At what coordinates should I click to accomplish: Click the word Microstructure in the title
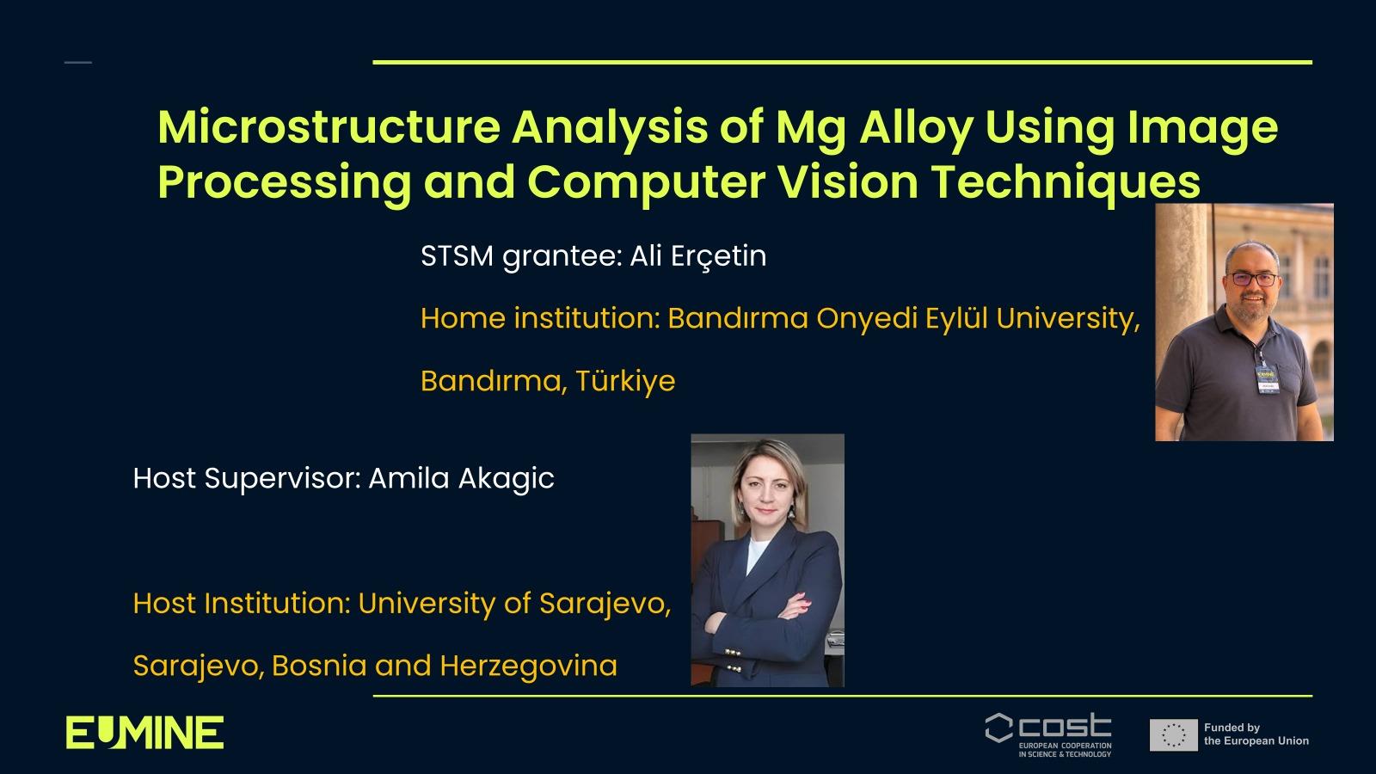coord(329,126)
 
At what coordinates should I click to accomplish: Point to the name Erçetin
coord(718,256)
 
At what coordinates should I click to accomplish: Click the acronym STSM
coord(457,256)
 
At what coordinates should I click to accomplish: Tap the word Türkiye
coord(625,381)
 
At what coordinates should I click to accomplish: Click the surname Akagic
coord(507,478)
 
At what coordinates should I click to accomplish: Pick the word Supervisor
coord(283,478)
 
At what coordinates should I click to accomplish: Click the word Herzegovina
coord(528,666)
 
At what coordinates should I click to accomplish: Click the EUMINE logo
coord(145,732)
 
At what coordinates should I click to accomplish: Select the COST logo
coord(1048,734)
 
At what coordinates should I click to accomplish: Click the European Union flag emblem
coord(1174,734)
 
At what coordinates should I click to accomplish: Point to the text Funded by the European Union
coord(1256,734)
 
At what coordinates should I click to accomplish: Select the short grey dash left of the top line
coord(78,62)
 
